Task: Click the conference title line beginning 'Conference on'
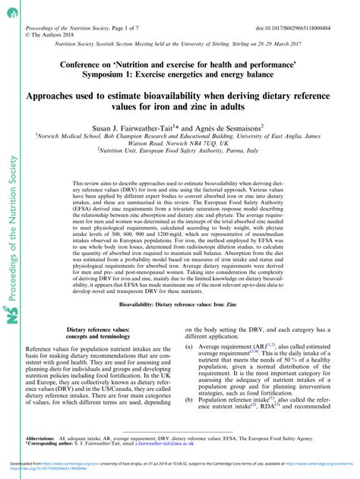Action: coord(179,66)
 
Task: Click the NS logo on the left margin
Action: coord(11,251)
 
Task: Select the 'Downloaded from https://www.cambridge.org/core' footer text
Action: coord(53,462)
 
